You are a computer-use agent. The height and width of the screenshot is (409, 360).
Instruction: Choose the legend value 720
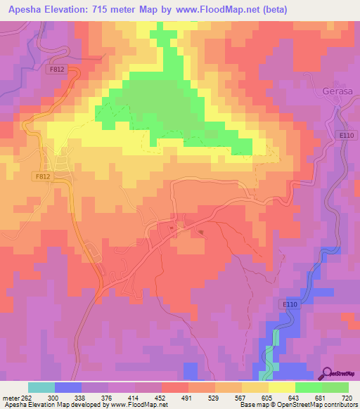(347, 398)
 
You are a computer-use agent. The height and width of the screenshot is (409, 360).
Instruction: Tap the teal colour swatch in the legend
(41, 387)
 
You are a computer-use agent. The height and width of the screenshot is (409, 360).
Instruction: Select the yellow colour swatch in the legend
(281, 387)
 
